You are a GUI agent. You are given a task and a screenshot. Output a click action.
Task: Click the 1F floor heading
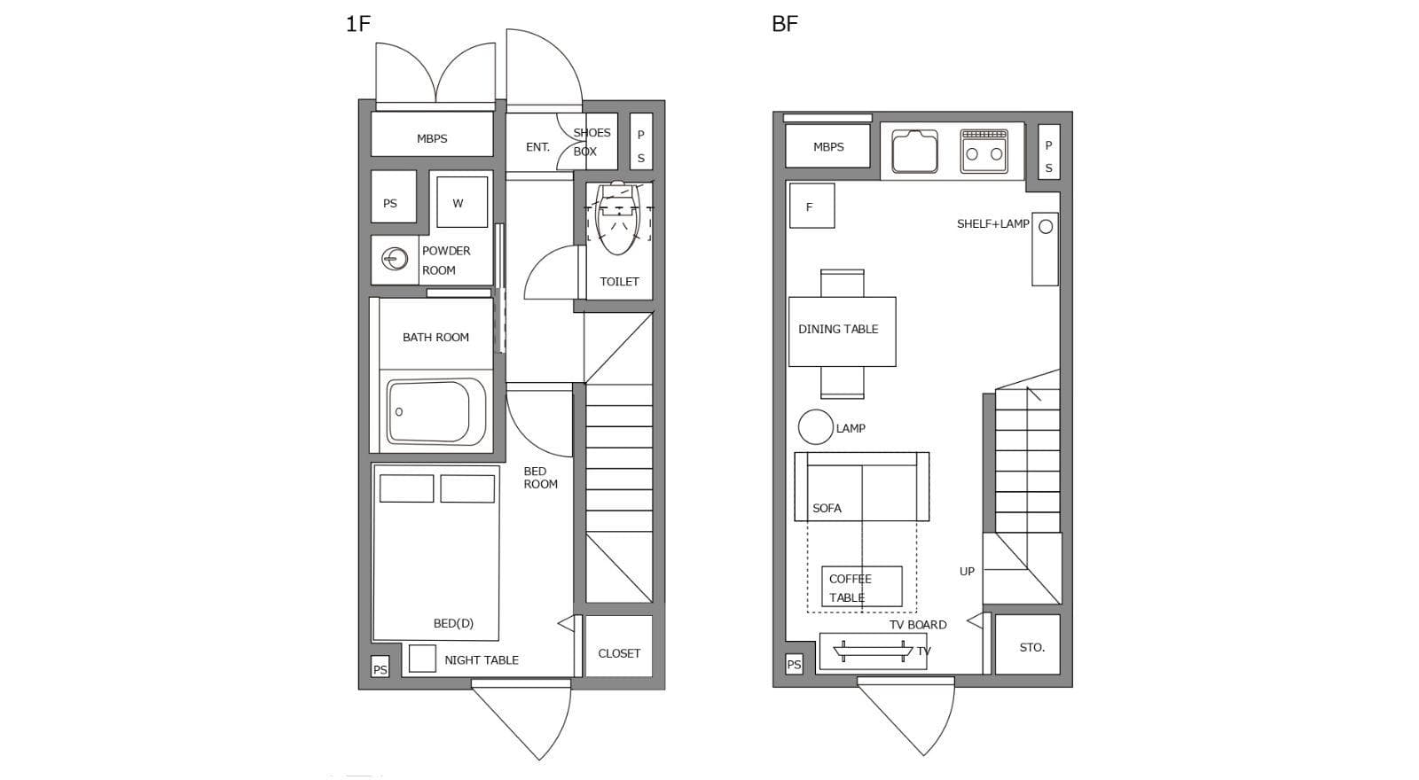point(358,24)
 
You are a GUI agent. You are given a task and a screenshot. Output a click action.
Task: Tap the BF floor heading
point(785,24)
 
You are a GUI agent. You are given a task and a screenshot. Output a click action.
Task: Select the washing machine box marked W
point(462,202)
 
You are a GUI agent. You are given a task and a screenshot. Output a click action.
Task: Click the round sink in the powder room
point(395,259)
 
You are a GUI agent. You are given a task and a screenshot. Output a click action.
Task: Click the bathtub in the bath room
point(436,412)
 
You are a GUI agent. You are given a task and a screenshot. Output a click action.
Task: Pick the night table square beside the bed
point(422,659)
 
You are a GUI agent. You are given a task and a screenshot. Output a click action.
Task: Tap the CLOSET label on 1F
point(619,653)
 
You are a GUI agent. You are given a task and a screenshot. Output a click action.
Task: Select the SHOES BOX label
point(592,142)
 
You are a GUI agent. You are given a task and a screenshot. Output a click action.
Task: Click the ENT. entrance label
point(537,147)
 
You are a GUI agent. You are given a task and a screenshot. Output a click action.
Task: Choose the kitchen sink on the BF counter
point(914,152)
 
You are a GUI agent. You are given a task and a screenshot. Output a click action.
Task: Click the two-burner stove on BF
point(984,152)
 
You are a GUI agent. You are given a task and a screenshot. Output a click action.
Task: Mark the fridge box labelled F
point(811,206)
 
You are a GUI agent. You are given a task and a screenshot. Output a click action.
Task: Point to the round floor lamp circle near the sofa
point(815,426)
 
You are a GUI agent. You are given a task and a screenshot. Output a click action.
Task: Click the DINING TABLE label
point(838,329)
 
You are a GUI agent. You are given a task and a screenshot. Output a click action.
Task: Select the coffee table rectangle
point(861,587)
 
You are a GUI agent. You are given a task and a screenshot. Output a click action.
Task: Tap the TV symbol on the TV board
point(873,651)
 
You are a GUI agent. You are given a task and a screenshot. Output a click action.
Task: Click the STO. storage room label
point(1032,648)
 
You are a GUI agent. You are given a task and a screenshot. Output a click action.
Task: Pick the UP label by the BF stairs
point(967,571)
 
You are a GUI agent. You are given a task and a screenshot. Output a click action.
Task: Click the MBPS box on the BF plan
point(828,146)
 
